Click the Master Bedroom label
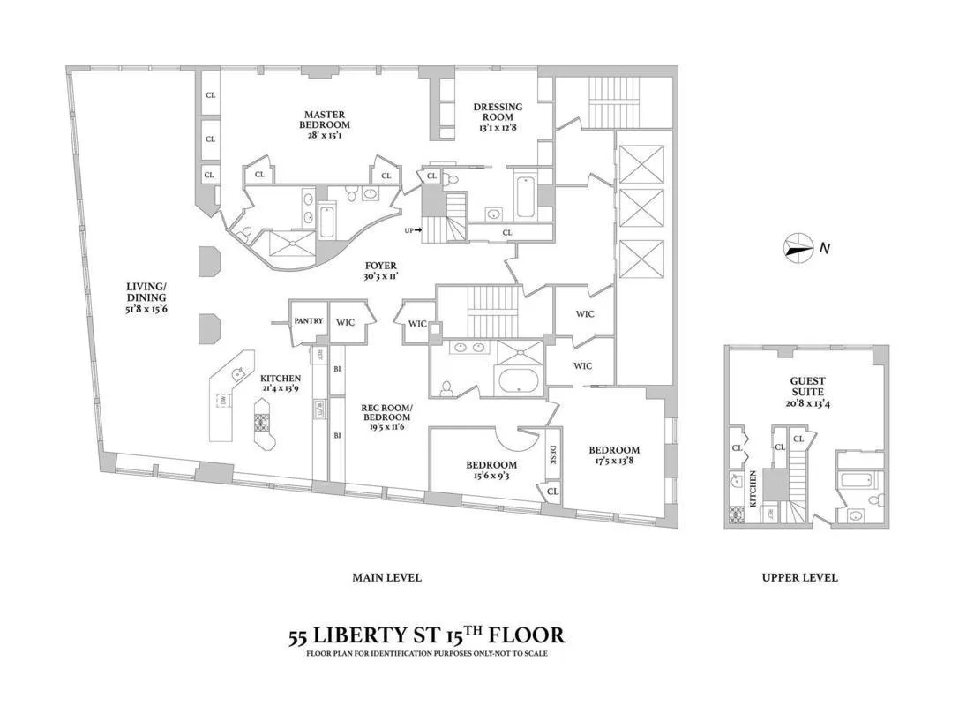(x=325, y=120)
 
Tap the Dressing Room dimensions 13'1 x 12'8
(x=498, y=128)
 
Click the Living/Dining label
(x=146, y=292)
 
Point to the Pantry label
(x=308, y=322)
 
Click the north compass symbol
(x=798, y=249)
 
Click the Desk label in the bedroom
(x=553, y=455)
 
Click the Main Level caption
(x=386, y=578)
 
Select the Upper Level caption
(x=799, y=578)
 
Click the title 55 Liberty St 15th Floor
(x=426, y=635)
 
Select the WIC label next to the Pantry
(x=345, y=322)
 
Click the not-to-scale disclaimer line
(x=426, y=654)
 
